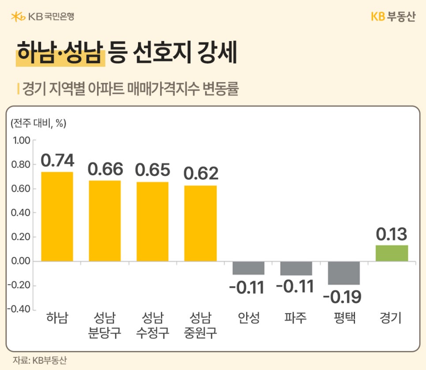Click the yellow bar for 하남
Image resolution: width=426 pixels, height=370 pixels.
(57, 216)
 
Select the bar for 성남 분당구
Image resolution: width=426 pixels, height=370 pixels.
(105, 221)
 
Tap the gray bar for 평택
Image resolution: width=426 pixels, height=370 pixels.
(344, 273)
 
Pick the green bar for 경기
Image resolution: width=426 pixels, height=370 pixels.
(392, 253)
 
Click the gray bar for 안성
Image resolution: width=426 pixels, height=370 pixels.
(248, 268)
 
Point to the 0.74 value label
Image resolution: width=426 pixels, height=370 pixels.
(57, 160)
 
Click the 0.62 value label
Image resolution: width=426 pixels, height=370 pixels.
(201, 174)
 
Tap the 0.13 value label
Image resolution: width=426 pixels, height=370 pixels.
(391, 234)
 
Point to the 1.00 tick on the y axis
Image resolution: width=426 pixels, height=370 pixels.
(21, 141)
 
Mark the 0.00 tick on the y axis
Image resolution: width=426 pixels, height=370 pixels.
(21, 261)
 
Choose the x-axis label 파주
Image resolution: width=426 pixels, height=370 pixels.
(295, 318)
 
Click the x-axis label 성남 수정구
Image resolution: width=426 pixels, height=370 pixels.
(153, 325)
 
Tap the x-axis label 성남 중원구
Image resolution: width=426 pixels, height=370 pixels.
(200, 325)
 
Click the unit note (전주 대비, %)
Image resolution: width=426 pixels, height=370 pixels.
(38, 124)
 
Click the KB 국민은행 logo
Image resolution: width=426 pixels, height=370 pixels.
(42, 17)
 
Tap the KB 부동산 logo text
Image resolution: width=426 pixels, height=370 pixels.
(393, 17)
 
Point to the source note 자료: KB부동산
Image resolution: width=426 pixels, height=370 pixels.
(39, 360)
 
